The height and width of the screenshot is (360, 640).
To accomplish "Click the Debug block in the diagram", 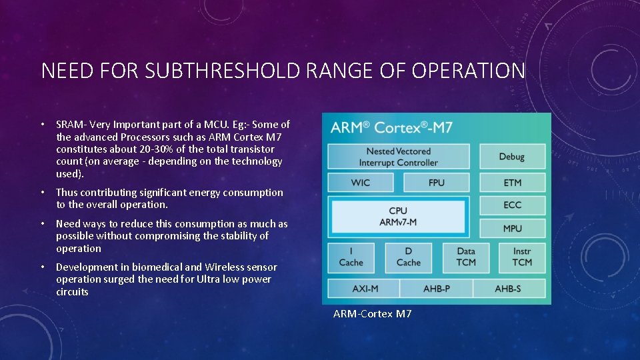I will click(x=512, y=157).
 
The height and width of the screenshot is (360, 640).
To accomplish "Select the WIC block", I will click(x=360, y=183).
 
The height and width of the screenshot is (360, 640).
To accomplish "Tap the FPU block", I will click(x=437, y=183).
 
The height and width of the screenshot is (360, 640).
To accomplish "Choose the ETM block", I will click(x=512, y=183).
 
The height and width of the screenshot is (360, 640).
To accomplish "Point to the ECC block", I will click(x=512, y=205).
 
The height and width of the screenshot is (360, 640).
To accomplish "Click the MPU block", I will click(x=512, y=228).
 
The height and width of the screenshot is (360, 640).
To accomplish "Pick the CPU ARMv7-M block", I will click(x=398, y=216).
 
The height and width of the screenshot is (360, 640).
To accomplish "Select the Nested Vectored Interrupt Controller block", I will click(x=398, y=157).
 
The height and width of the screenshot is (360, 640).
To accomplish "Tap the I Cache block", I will click(x=351, y=257).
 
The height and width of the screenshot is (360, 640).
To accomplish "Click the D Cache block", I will click(x=408, y=257).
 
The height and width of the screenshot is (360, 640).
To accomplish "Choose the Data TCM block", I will click(x=466, y=257).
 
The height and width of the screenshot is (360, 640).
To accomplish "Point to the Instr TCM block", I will click(x=522, y=257).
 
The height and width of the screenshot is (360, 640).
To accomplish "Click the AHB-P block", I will click(x=436, y=289).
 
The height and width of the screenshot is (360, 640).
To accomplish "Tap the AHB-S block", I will click(x=509, y=289).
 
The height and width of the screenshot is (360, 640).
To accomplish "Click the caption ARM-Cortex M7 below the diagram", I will click(x=372, y=313).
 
